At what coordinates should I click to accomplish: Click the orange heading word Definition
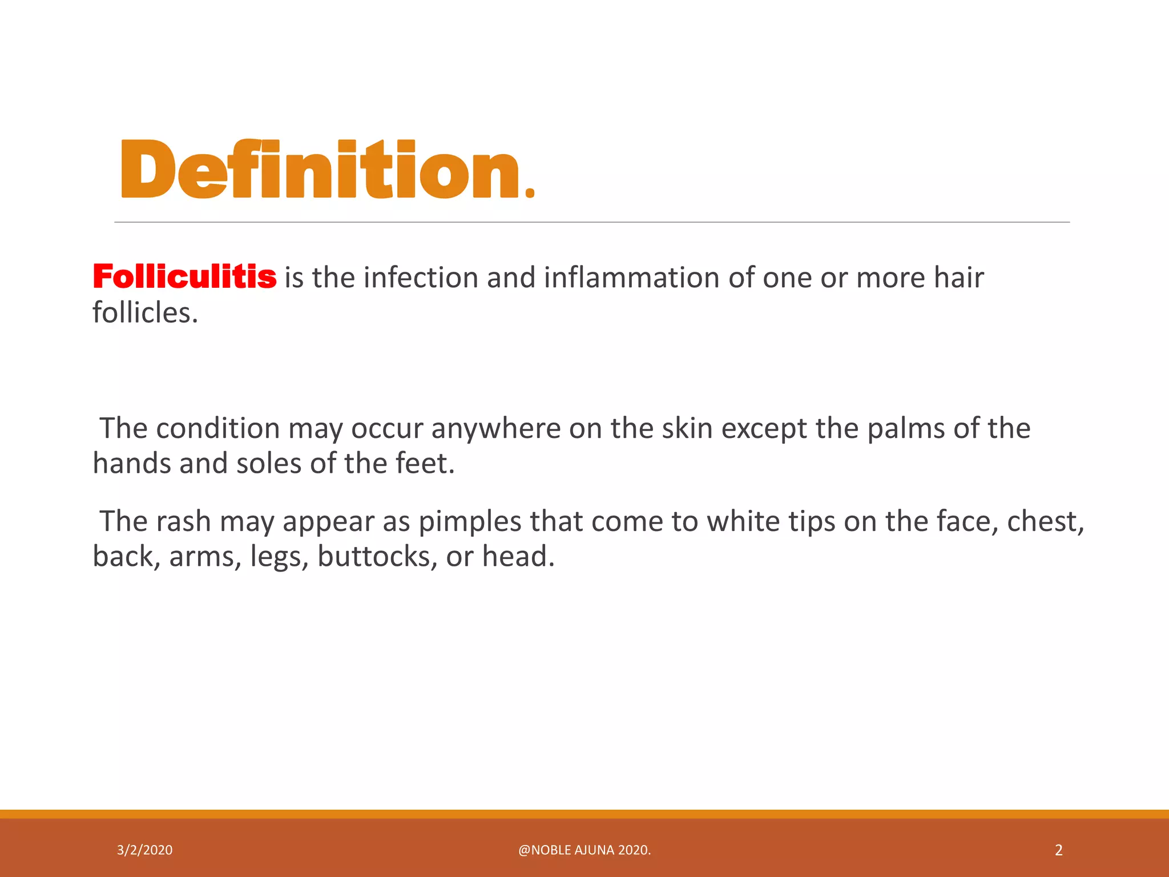pyautogui.click(x=327, y=170)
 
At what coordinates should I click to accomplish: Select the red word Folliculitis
pyautogui.click(x=184, y=277)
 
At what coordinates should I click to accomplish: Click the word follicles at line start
pyautogui.click(x=145, y=313)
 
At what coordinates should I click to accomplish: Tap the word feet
pyautogui.click(x=425, y=464)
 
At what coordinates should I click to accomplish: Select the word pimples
pyautogui.click(x=469, y=522)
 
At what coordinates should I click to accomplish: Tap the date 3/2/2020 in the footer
pyautogui.click(x=144, y=850)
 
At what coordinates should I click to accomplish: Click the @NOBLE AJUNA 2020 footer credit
pyautogui.click(x=584, y=850)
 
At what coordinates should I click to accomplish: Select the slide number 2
pyautogui.click(x=1058, y=850)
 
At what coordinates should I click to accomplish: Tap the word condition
pyautogui.click(x=217, y=429)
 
